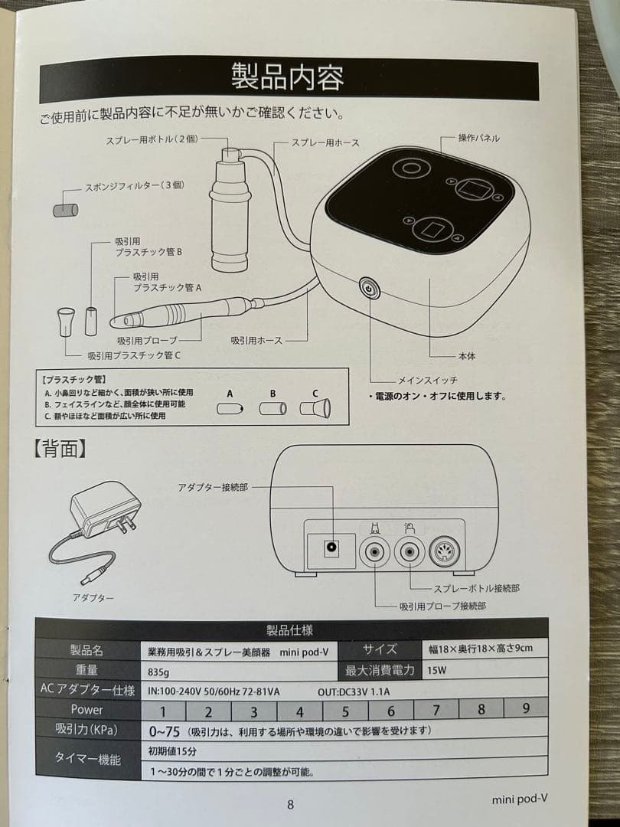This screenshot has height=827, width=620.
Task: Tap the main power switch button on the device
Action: pyautogui.click(x=369, y=289)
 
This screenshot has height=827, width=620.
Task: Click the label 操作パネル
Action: pyautogui.click(x=479, y=138)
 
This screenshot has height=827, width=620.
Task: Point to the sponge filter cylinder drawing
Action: pyautogui.click(x=64, y=209)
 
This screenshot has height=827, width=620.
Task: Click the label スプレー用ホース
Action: pyautogui.click(x=325, y=143)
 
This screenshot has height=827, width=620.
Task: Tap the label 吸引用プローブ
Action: pyautogui.click(x=148, y=339)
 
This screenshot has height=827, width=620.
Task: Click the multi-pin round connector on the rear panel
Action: pyautogui.click(x=445, y=550)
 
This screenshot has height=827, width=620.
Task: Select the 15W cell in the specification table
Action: pyautogui.click(x=437, y=670)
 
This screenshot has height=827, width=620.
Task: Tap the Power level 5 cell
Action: pyautogui.click(x=345, y=711)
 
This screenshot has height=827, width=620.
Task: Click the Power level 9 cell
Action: pyautogui.click(x=526, y=709)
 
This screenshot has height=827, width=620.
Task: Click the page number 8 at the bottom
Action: pyautogui.click(x=290, y=804)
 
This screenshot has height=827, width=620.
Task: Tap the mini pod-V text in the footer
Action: pyautogui.click(x=520, y=800)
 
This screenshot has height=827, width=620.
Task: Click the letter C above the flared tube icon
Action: pyautogui.click(x=314, y=394)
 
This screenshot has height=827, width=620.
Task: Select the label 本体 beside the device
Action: pyautogui.click(x=466, y=356)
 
